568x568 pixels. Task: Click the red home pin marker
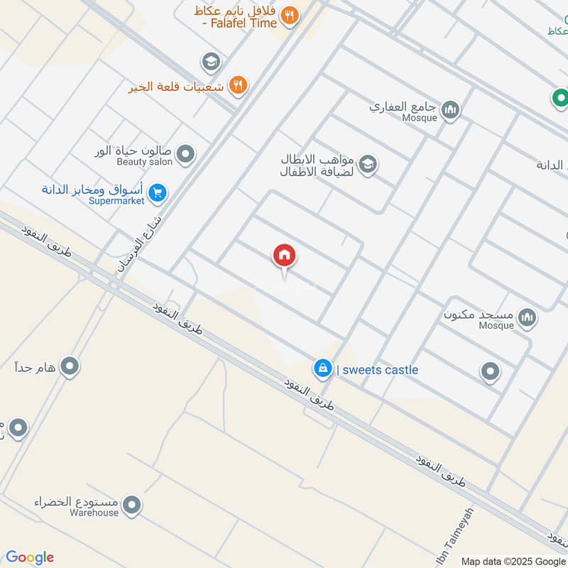pyautogui.click(x=284, y=255)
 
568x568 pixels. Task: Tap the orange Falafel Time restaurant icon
pyautogui.click(x=289, y=15)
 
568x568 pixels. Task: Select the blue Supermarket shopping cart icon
pyautogui.click(x=158, y=192)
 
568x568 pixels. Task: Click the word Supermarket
pyautogui.click(x=117, y=201)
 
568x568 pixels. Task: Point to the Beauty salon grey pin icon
pyautogui.click(x=185, y=153)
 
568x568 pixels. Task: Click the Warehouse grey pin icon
pyautogui.click(x=131, y=506)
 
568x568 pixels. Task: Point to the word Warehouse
pyautogui.click(x=94, y=513)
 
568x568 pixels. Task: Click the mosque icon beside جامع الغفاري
pyautogui.click(x=450, y=110)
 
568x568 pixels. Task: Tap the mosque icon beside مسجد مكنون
pyautogui.click(x=527, y=317)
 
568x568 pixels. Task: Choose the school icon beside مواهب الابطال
pyautogui.click(x=367, y=165)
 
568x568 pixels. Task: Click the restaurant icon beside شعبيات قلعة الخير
pyautogui.click(x=239, y=86)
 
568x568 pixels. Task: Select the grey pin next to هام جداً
pyautogui.click(x=70, y=366)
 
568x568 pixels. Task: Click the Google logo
pyautogui.click(x=29, y=557)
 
